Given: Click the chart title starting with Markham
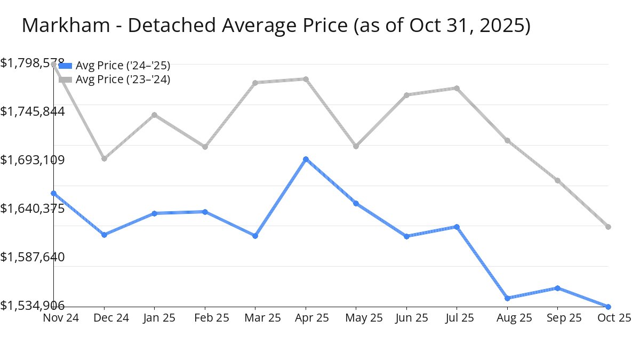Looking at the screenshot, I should [x=276, y=26].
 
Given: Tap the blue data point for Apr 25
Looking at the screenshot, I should [x=306, y=159].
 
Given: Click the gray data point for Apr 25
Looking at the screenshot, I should [x=306, y=79].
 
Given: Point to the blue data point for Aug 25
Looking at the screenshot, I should [x=507, y=298].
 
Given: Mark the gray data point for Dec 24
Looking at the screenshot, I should [x=105, y=158].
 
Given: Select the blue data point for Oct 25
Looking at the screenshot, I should [x=608, y=307].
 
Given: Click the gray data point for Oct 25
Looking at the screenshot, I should [x=608, y=227].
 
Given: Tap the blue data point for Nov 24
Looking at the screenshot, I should [x=54, y=193].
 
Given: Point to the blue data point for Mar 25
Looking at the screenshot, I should [x=255, y=236].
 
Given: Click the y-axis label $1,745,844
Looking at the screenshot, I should [x=33, y=111].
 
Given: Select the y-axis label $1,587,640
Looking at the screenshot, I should [x=33, y=257].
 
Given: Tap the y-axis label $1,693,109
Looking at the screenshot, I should [x=33, y=160].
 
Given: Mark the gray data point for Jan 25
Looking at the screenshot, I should [x=155, y=115].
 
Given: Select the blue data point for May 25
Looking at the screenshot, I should [x=356, y=203].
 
